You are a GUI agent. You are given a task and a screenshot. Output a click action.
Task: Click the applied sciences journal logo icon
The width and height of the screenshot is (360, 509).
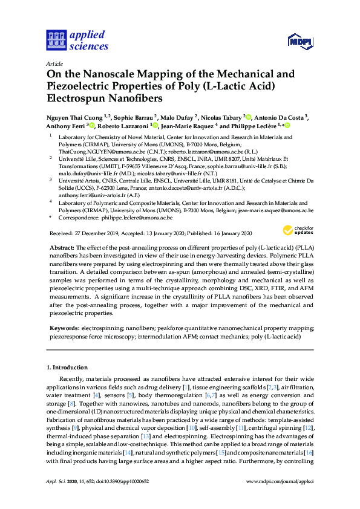tap(55, 40)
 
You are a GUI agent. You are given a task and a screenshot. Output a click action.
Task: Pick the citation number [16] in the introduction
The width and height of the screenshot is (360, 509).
tap(309, 452)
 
